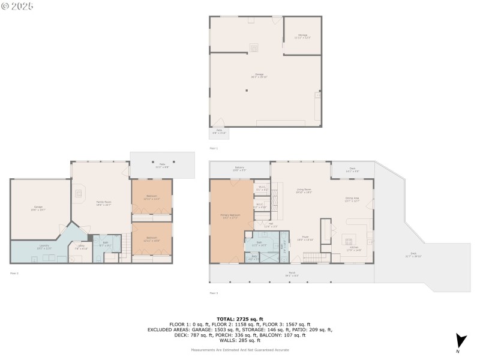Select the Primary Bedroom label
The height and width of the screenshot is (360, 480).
(x=230, y=217)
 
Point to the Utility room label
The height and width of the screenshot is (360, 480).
(x=81, y=246)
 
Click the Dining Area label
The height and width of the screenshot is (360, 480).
(x=352, y=199)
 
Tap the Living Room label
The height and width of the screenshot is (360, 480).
(x=304, y=191)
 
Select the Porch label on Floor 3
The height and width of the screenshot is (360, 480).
(x=292, y=274)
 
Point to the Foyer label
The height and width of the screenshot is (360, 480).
(x=305, y=238)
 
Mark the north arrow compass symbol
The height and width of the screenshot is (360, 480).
(x=460, y=341)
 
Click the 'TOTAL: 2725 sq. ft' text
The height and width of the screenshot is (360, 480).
(x=240, y=319)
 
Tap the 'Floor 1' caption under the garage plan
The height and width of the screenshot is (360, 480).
(x=214, y=148)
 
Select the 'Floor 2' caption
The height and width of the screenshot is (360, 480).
(x=14, y=273)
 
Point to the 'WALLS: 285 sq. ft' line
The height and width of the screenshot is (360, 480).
(x=240, y=340)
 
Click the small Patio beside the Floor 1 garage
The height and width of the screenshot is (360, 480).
(x=219, y=132)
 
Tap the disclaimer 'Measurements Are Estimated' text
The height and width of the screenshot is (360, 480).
(x=240, y=350)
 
